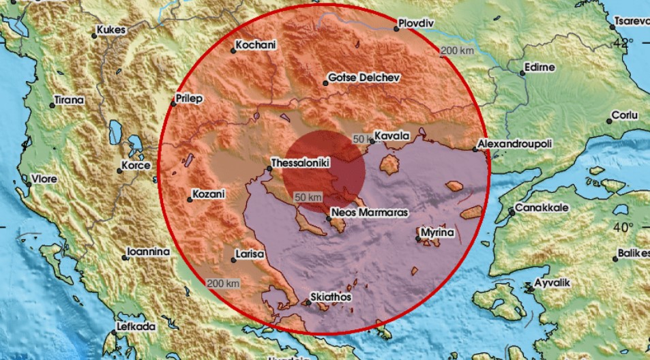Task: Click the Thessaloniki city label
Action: point(301,164)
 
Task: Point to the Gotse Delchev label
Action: point(363,78)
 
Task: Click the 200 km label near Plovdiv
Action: point(458,50)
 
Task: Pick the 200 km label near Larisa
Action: point(224,283)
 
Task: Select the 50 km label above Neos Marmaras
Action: point(308,197)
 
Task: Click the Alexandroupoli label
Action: point(515,145)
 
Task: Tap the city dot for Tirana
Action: point(52,105)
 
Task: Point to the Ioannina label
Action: point(149,252)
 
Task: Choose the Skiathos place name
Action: point(331,297)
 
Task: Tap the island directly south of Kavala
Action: point(389,164)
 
